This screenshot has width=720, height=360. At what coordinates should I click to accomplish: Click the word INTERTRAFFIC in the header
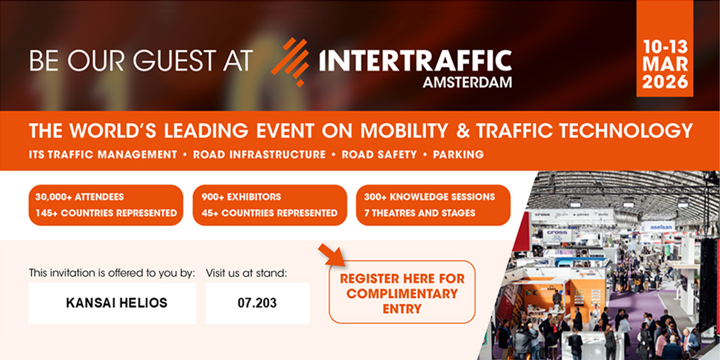(416, 61)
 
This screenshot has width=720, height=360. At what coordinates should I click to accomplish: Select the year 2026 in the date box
(665, 82)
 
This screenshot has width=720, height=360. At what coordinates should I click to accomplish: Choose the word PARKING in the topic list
(458, 154)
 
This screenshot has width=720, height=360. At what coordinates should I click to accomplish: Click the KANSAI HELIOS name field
(112, 303)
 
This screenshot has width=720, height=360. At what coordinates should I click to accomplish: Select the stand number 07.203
(257, 303)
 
